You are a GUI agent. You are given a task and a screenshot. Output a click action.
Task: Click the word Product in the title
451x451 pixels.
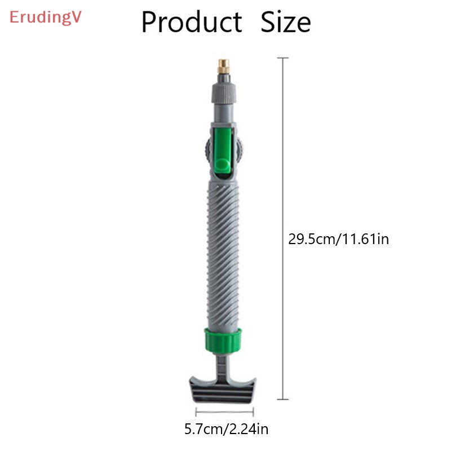point(191,23)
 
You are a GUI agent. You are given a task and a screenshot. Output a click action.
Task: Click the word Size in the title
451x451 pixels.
point(286,23)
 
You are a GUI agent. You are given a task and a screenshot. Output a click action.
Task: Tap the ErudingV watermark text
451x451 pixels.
point(46,17)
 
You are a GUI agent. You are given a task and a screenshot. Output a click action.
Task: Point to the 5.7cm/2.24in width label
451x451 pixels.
point(227,430)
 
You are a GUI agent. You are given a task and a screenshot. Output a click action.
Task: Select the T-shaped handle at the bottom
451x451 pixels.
point(224,388)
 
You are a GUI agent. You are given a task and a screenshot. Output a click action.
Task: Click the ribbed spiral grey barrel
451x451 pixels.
point(224,254)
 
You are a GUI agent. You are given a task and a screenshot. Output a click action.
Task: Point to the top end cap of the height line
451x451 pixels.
point(282,58)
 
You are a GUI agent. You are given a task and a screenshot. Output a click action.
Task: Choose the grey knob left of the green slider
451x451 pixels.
point(205,151)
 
